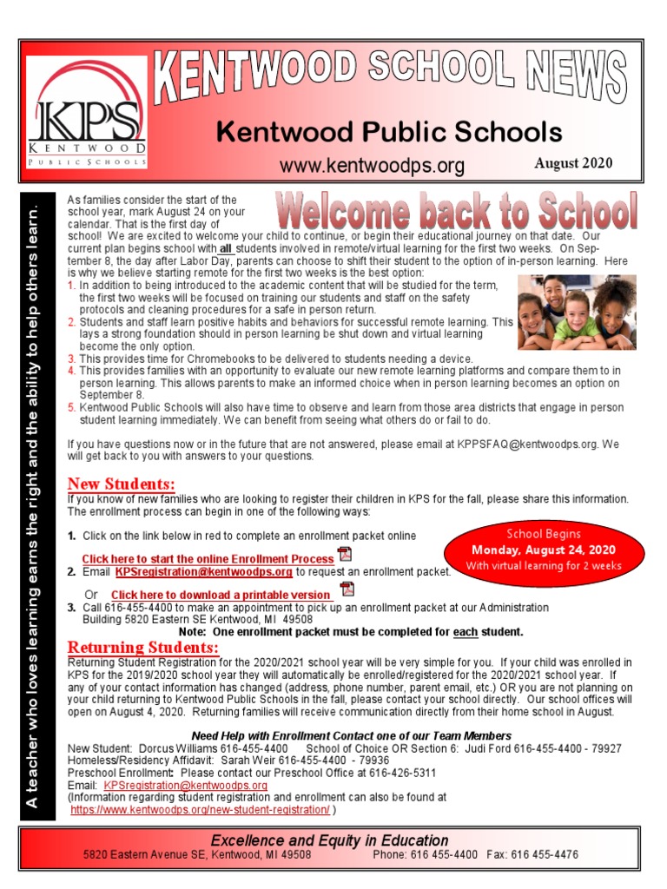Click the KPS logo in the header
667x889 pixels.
coord(86,113)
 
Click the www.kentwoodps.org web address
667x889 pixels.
coord(371,166)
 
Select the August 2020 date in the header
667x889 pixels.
coord(572,163)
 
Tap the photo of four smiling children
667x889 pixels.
coord(576,313)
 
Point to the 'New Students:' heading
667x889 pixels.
coord(121,484)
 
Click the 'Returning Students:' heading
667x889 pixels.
coord(142,648)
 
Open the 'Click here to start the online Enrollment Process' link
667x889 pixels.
coord(208,559)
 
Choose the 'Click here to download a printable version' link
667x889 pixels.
coord(220,595)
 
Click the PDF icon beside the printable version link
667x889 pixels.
coord(347,590)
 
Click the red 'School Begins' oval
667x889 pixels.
coord(544,550)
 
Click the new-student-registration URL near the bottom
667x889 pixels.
coord(200,809)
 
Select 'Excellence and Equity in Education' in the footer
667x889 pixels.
coord(330,840)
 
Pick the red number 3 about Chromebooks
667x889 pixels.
coord(71,359)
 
